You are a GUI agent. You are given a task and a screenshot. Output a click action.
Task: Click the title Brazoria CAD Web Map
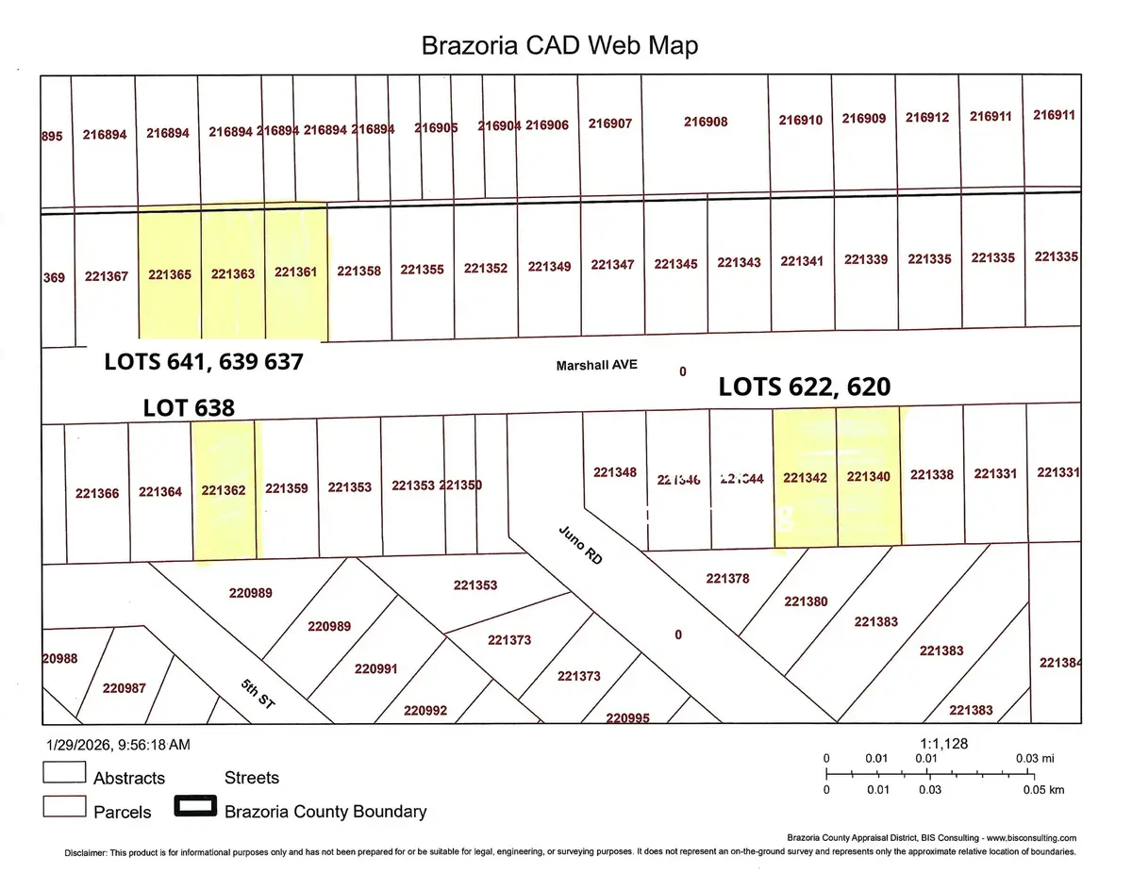click(x=558, y=45)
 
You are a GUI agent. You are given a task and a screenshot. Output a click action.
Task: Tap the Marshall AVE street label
click(x=597, y=365)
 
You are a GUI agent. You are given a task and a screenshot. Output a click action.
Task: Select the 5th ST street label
click(x=257, y=696)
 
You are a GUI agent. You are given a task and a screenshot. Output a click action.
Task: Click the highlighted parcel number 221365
click(x=170, y=274)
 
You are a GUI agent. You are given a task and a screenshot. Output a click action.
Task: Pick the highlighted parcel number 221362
click(x=224, y=489)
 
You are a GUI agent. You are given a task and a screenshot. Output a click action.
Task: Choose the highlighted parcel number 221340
click(x=869, y=477)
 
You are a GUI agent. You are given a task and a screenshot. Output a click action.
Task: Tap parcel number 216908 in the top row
click(x=706, y=122)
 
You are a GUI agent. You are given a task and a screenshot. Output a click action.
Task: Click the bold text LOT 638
click(x=189, y=407)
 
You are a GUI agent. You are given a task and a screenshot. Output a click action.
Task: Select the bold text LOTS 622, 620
click(x=805, y=386)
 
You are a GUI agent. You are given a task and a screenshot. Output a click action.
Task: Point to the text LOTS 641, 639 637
click(x=204, y=361)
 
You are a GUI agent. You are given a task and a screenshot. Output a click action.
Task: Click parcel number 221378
click(x=727, y=578)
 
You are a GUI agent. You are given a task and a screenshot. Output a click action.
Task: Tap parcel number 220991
click(x=376, y=669)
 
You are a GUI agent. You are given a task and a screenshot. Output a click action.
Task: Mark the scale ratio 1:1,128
click(x=942, y=744)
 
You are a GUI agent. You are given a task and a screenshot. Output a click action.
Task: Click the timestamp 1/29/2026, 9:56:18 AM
click(x=117, y=745)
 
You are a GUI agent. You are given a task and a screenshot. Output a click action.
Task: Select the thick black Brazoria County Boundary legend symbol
click(x=195, y=809)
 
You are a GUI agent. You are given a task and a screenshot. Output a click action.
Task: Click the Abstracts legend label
click(x=129, y=778)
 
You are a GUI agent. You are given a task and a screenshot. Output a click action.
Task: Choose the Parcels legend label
click(x=123, y=812)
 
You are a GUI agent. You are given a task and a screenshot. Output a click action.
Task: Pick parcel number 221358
click(x=359, y=271)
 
